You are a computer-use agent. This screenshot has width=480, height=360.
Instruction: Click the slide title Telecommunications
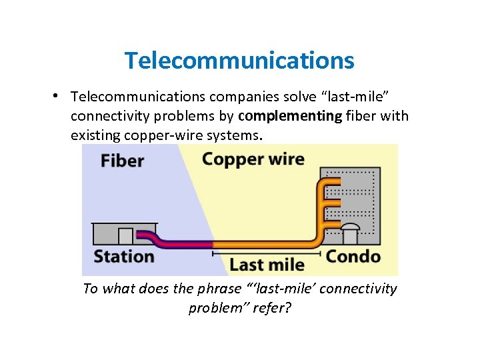[x=239, y=61]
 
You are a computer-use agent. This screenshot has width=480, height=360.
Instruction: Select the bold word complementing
[x=290, y=116]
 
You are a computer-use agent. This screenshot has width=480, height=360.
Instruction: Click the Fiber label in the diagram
[x=123, y=161]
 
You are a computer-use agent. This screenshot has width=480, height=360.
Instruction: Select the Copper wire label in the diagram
[x=253, y=159]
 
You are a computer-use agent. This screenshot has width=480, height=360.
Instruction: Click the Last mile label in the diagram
[x=267, y=265]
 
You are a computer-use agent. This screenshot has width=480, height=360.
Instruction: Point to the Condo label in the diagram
[x=353, y=257]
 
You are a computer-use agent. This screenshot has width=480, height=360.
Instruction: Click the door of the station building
[x=125, y=236]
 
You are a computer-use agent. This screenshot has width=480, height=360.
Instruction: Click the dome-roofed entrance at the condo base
[x=349, y=234]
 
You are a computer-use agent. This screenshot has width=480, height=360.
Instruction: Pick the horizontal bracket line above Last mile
[x=267, y=253]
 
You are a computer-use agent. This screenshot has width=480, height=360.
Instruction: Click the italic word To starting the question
[x=91, y=289]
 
